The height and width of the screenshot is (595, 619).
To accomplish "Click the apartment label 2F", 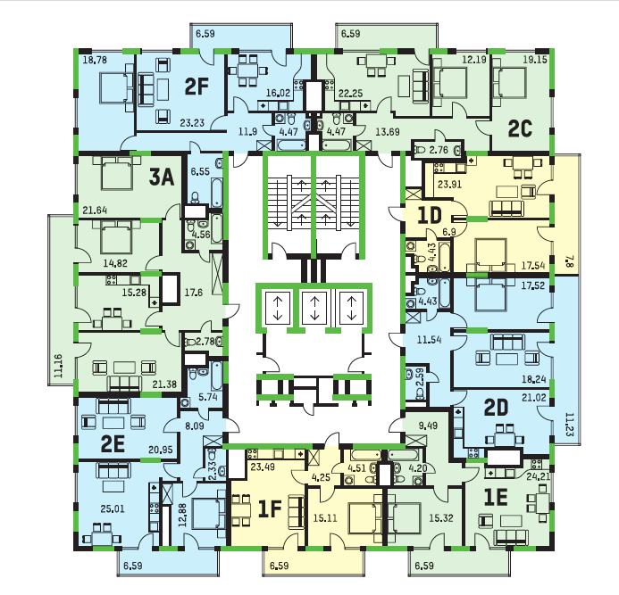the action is [197, 87].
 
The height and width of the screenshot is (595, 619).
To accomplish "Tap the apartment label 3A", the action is [162, 177].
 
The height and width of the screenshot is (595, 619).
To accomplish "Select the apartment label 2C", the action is [520, 129].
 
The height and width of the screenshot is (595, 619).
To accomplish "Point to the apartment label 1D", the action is [429, 215].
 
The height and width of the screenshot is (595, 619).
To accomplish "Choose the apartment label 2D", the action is [497, 408].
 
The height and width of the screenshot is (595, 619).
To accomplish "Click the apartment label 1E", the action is [496, 498].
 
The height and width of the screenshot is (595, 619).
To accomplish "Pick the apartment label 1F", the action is [270, 508].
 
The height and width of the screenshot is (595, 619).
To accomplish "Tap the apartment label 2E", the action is [113, 444].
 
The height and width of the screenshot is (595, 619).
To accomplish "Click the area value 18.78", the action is [95, 60].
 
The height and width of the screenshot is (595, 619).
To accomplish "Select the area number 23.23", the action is [192, 123].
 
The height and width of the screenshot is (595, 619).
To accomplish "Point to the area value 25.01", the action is [113, 508].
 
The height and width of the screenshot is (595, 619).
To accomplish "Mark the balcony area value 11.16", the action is [58, 366].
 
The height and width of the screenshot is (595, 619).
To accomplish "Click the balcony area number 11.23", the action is [569, 425].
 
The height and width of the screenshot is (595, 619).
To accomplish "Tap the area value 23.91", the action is [449, 184].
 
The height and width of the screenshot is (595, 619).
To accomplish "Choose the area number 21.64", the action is [95, 211].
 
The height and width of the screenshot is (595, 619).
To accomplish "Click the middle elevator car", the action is [314, 308].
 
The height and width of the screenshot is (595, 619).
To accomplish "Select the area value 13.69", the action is [388, 132].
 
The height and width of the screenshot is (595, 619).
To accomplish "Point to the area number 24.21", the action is [538, 476].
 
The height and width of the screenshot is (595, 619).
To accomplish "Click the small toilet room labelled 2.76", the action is [438, 150].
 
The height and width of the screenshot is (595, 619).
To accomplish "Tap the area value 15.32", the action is [441, 517].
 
